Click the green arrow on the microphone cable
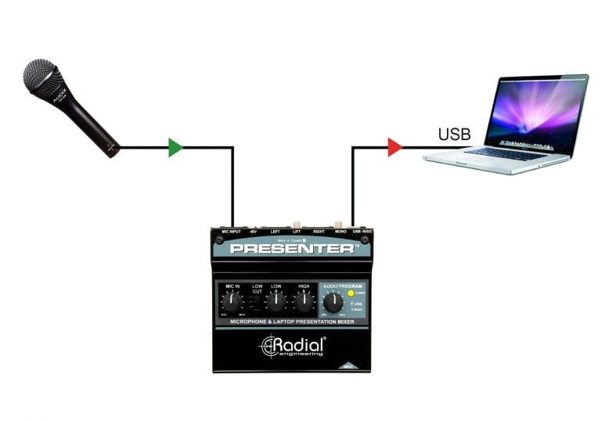tap(175, 146)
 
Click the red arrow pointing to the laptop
tap(394, 146)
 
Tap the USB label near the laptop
tap(454, 134)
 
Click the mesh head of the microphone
tap(42, 77)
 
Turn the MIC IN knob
tap(232, 300)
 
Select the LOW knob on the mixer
tap(276, 301)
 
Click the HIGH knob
tap(303, 301)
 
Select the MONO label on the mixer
tap(340, 232)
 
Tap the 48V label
tap(253, 232)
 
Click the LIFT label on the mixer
tap(297, 232)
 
